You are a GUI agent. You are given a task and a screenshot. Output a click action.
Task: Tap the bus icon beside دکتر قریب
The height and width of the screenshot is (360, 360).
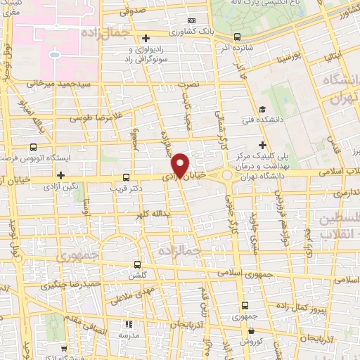pos(126,177)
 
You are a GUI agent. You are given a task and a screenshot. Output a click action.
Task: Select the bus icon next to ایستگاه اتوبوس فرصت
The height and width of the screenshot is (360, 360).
pos(34,148)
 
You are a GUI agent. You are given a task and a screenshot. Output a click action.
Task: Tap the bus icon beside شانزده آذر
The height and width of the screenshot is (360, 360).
pos(237,37)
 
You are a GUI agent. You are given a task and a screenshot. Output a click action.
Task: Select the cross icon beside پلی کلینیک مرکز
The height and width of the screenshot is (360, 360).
pos(262,144)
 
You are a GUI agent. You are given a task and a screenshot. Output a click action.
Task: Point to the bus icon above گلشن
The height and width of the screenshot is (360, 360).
pos(138,264)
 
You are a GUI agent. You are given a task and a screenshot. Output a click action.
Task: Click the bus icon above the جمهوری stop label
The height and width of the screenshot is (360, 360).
pos(244,306)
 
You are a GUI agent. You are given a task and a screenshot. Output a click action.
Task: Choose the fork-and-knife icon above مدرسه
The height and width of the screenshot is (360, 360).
pos(129,325)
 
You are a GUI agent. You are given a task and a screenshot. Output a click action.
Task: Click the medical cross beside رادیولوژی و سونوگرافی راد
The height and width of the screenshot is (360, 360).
pos(146,38)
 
